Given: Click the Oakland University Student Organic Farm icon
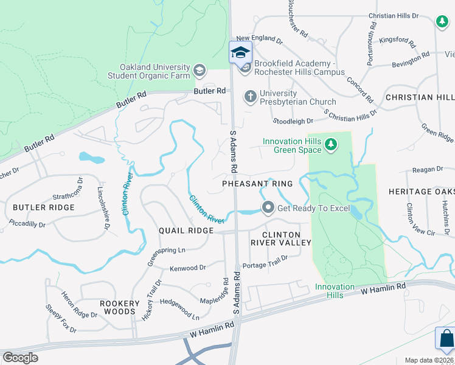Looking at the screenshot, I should tap(199, 71).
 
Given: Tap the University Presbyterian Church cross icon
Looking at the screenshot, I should tap(249, 97).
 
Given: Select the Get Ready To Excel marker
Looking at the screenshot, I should tap(268, 208).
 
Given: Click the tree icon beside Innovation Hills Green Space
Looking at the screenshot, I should tap(330, 145).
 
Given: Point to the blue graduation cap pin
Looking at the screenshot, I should tap(240, 52).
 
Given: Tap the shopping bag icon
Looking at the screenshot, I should tap(446, 338).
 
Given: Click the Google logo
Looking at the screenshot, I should tap(20, 358).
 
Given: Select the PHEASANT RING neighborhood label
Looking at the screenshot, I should tap(257, 184).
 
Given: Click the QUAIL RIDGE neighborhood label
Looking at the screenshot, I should tap(186, 231).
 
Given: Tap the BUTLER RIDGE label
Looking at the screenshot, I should tap(44, 207).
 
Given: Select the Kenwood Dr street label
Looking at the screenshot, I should tap(188, 268).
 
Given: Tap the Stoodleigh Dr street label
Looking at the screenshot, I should tap(293, 121).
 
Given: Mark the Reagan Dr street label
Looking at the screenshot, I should tap(428, 169).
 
